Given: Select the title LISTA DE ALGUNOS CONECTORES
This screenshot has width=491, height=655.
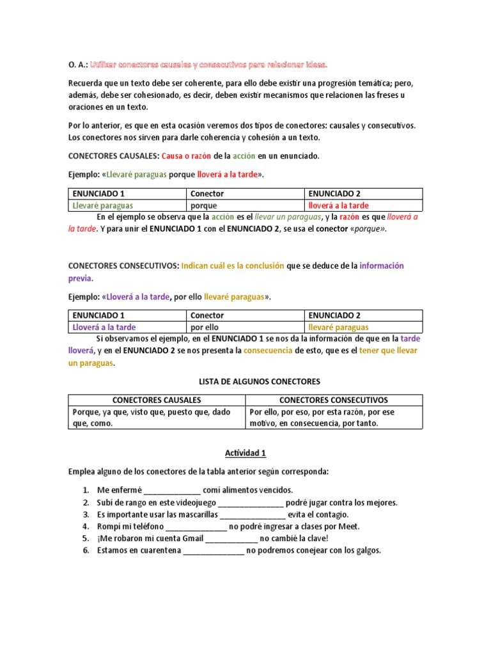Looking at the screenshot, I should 245,381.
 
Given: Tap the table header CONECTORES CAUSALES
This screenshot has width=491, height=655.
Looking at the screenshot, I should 157,400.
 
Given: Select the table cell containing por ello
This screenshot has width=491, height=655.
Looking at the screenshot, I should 205,327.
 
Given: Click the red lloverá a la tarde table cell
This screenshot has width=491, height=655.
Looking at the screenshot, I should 339,206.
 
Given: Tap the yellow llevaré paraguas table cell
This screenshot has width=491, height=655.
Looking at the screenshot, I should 338,327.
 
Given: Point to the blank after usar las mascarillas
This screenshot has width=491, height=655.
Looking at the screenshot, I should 252,514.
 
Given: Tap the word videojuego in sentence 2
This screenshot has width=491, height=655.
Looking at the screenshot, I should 195,503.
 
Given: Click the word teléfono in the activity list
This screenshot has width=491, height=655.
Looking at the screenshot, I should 146,526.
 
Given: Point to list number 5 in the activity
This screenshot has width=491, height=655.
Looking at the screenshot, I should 86,538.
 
